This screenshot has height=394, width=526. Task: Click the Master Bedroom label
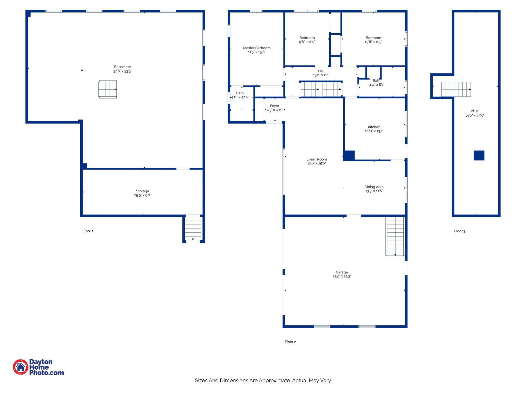point(257,48)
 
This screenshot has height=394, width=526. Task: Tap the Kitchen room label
point(374,127)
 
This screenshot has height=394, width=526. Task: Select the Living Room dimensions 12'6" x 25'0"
point(316,163)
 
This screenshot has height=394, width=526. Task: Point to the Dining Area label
point(374,187)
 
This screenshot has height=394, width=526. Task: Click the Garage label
point(342,272)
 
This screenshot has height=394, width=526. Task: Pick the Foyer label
point(275,106)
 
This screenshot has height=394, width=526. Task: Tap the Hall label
point(321,71)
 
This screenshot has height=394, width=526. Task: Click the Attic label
point(474,111)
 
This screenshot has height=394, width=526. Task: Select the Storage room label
point(143,191)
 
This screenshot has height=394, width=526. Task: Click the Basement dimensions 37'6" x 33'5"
point(123,71)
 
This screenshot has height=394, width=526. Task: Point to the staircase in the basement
point(108,89)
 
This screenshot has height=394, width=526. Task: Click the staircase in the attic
point(456,89)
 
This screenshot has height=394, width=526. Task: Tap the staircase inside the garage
point(395,236)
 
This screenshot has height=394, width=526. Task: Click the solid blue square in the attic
point(479,155)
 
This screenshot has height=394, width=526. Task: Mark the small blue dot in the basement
point(82,70)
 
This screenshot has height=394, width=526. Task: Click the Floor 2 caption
point(290,342)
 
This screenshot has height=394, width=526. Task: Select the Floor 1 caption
point(88,231)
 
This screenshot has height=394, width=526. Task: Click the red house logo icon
point(21,367)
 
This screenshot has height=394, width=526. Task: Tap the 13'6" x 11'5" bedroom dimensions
point(373,42)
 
